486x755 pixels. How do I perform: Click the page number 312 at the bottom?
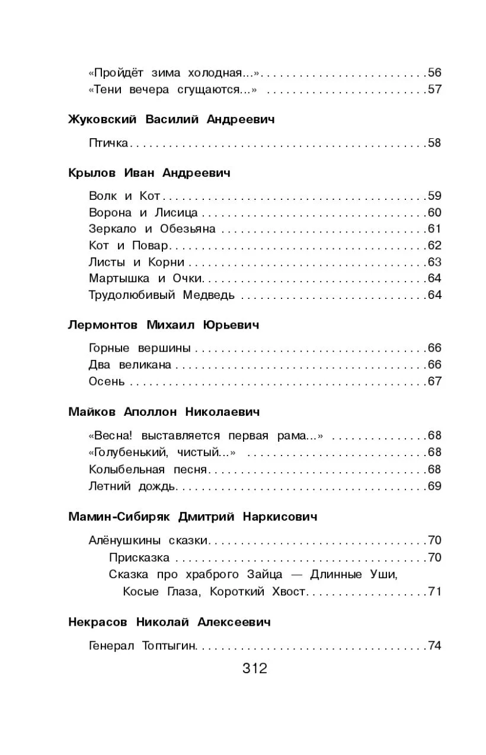(255, 669)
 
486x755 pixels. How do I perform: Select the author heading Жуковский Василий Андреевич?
(172, 120)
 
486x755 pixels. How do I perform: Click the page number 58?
(434, 143)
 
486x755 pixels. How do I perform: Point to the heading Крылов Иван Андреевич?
(149, 173)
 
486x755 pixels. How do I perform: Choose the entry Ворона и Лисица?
(143, 213)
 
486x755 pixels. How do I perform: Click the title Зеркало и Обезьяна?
(152, 229)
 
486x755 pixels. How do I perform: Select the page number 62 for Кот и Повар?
(434, 246)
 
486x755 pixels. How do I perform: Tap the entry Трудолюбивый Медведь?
(162, 295)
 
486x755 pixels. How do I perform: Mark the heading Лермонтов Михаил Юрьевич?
(164, 325)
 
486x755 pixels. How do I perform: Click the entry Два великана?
(130, 365)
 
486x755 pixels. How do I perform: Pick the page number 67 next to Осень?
(434, 381)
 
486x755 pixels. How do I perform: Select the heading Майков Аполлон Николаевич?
(164, 412)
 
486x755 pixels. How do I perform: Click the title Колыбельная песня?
(148, 470)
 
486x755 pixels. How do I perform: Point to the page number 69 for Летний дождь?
(434, 486)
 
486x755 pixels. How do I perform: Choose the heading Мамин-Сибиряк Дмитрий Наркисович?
(193, 517)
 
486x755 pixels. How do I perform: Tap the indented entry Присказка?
(139, 558)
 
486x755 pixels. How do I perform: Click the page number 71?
(434, 591)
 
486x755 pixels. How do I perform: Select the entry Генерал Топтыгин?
(142, 646)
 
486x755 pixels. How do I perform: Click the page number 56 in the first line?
(434, 74)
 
